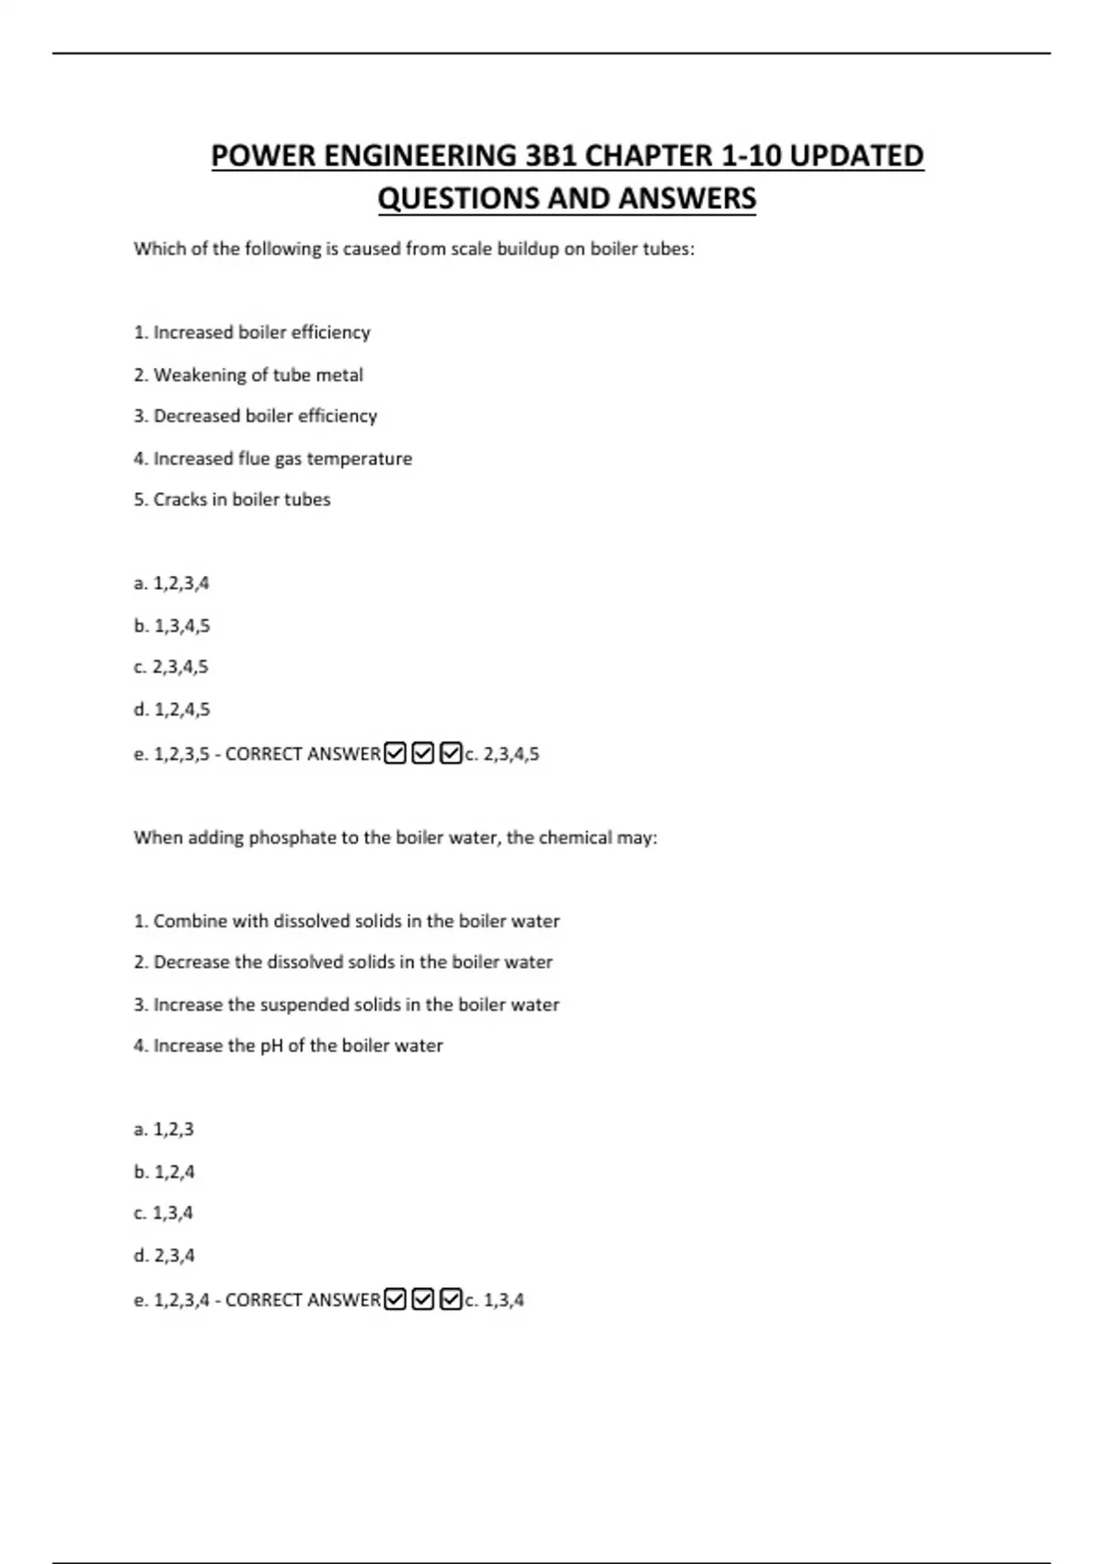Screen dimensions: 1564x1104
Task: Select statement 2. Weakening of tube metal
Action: pos(248,375)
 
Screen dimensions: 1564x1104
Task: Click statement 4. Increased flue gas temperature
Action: pos(273,458)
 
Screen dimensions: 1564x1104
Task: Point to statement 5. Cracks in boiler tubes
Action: pos(232,500)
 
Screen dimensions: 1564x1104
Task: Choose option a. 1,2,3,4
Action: pos(171,583)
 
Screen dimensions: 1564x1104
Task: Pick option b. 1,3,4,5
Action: pos(171,626)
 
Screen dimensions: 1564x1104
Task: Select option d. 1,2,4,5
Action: pos(171,709)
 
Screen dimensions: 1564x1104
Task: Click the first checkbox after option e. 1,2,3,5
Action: pos(395,753)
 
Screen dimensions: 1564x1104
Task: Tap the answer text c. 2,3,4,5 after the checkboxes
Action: pos(502,754)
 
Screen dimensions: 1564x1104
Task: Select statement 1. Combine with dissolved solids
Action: pos(347,921)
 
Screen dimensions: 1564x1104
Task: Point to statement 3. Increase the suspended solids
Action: pos(347,1005)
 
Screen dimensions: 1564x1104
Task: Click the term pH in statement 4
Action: pos(270,1046)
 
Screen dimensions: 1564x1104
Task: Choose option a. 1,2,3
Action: pos(164,1130)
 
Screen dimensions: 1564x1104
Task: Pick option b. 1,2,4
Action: pos(164,1172)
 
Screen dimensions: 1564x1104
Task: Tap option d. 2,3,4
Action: pos(164,1256)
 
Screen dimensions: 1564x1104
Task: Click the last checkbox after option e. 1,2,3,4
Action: pos(451,1299)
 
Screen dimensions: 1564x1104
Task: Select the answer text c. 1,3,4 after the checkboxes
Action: pos(495,1300)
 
